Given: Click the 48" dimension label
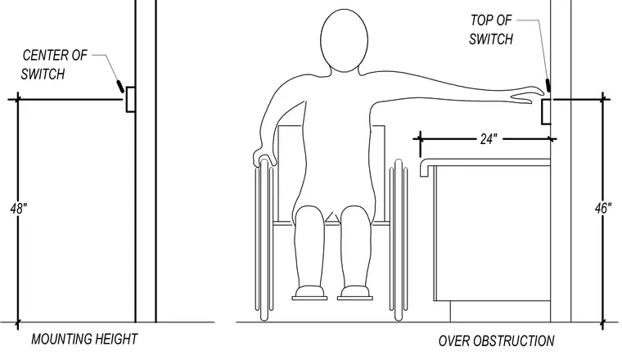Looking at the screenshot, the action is pos(18,208).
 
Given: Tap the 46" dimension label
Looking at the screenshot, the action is pos(603,208).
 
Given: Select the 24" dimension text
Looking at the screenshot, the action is pos(488,139).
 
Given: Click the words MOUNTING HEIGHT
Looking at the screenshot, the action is pos(84,340).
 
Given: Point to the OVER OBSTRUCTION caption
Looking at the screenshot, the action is pos(496,341).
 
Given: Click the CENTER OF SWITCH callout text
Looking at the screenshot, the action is pos(54,65).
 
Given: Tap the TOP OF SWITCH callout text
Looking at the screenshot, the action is pos(491,29).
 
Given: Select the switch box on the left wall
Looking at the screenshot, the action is pos(130,100).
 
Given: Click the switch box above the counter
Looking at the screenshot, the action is pos(546,112).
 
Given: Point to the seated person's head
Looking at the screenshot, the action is pos(344,41).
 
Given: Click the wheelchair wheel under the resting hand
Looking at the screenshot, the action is pos(264,240).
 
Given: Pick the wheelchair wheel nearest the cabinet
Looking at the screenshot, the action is pos(399,240).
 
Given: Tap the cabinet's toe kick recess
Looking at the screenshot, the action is pos(500,311).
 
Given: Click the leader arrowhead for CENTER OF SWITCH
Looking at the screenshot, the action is pos(119,87).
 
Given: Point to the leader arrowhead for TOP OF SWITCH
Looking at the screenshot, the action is pos(548,85).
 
